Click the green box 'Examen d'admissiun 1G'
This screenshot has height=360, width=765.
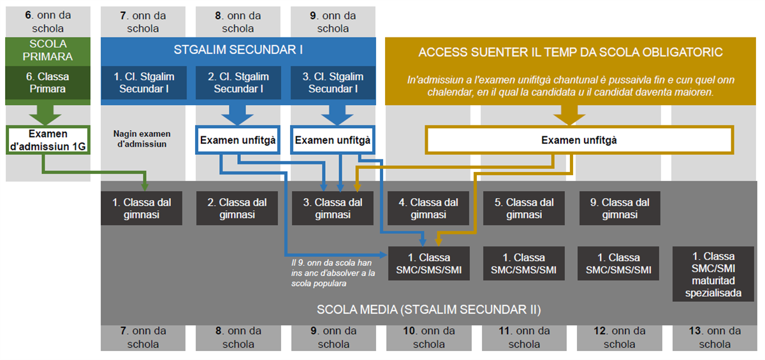pyautogui.click(x=48, y=140)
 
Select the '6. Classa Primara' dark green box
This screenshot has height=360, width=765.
pyautogui.click(x=48, y=83)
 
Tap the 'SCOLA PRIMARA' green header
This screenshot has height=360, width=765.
pyautogui.click(x=48, y=50)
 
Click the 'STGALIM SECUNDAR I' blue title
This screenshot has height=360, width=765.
pyautogui.click(x=238, y=49)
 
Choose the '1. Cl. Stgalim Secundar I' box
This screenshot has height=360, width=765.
pyautogui.click(x=144, y=83)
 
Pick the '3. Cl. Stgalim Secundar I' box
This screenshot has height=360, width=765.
pyautogui.click(x=333, y=83)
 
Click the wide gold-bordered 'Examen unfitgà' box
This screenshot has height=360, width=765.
pyautogui.click(x=579, y=140)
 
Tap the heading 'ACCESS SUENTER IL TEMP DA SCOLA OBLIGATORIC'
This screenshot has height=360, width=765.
pyautogui.click(x=571, y=52)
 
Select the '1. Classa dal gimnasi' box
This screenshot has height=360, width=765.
pyautogui.click(x=142, y=208)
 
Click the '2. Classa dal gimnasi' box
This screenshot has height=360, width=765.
pyautogui.click(x=237, y=208)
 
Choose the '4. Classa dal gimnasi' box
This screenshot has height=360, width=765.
pyautogui.click(x=428, y=208)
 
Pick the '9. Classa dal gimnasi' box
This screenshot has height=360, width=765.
pyautogui.click(x=620, y=208)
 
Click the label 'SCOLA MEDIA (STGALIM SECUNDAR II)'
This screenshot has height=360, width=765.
pyautogui.click(x=428, y=310)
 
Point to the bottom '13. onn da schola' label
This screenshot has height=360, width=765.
pyautogui.click(x=715, y=338)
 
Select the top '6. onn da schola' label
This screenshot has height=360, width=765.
pyautogui.click(x=48, y=22)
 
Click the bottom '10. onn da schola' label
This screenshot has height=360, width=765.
pyautogui.click(x=428, y=338)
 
